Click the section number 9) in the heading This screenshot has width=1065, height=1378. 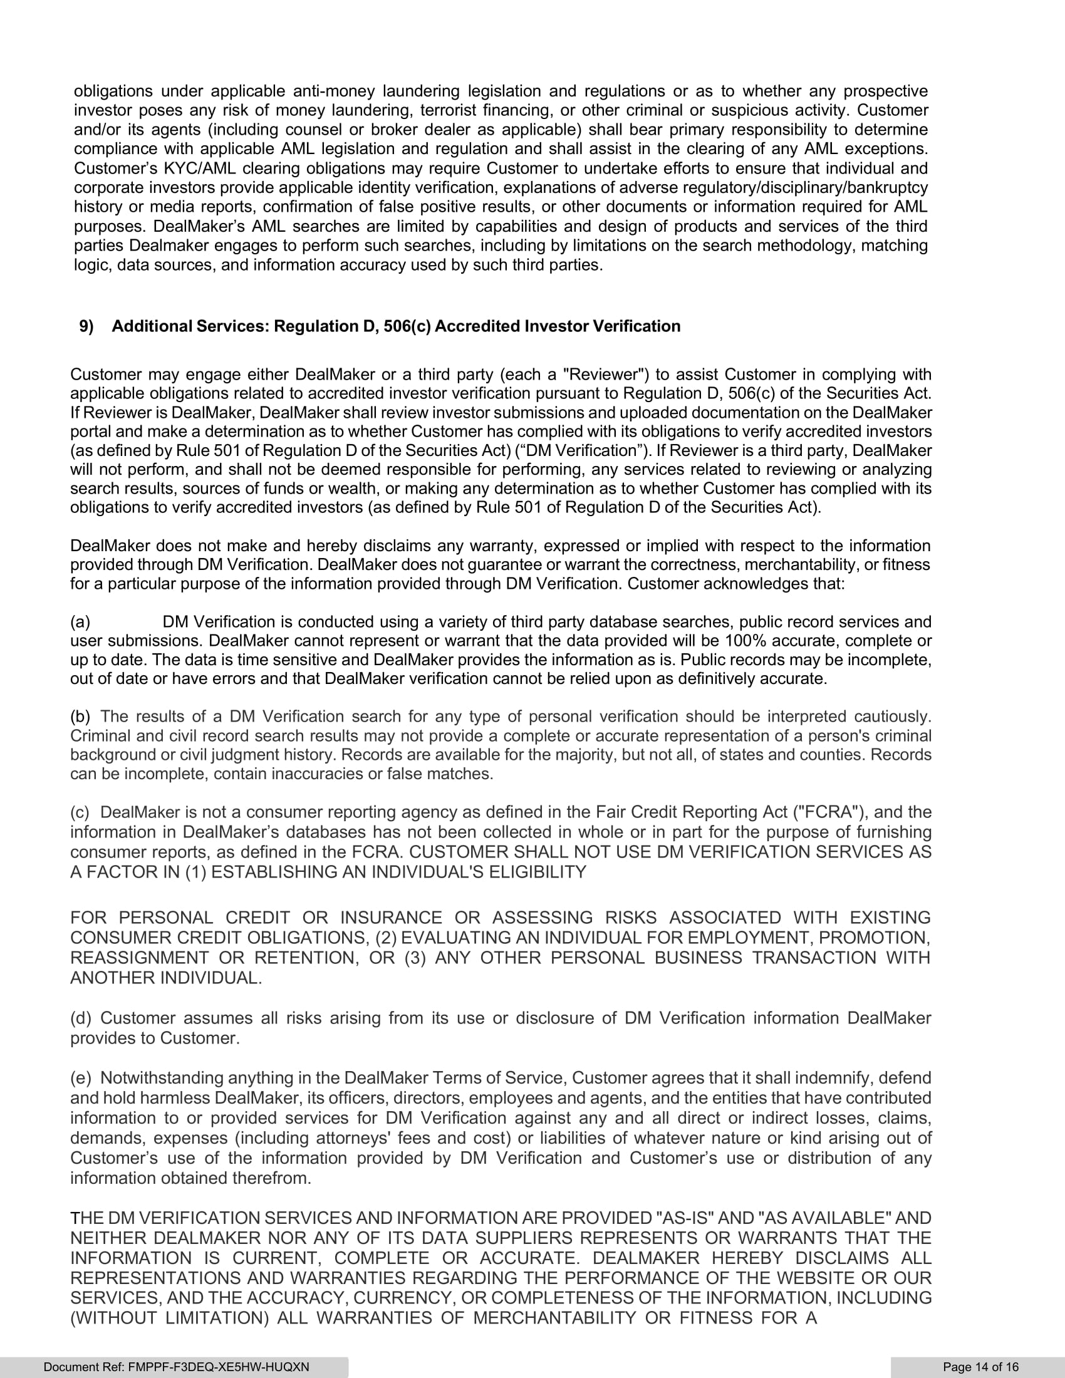point(86,326)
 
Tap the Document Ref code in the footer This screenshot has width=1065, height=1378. point(176,1367)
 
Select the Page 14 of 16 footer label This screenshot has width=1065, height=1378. point(980,1367)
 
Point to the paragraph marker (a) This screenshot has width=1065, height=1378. point(80,621)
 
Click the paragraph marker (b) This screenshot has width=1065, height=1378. point(80,716)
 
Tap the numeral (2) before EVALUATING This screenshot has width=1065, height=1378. point(385,938)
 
